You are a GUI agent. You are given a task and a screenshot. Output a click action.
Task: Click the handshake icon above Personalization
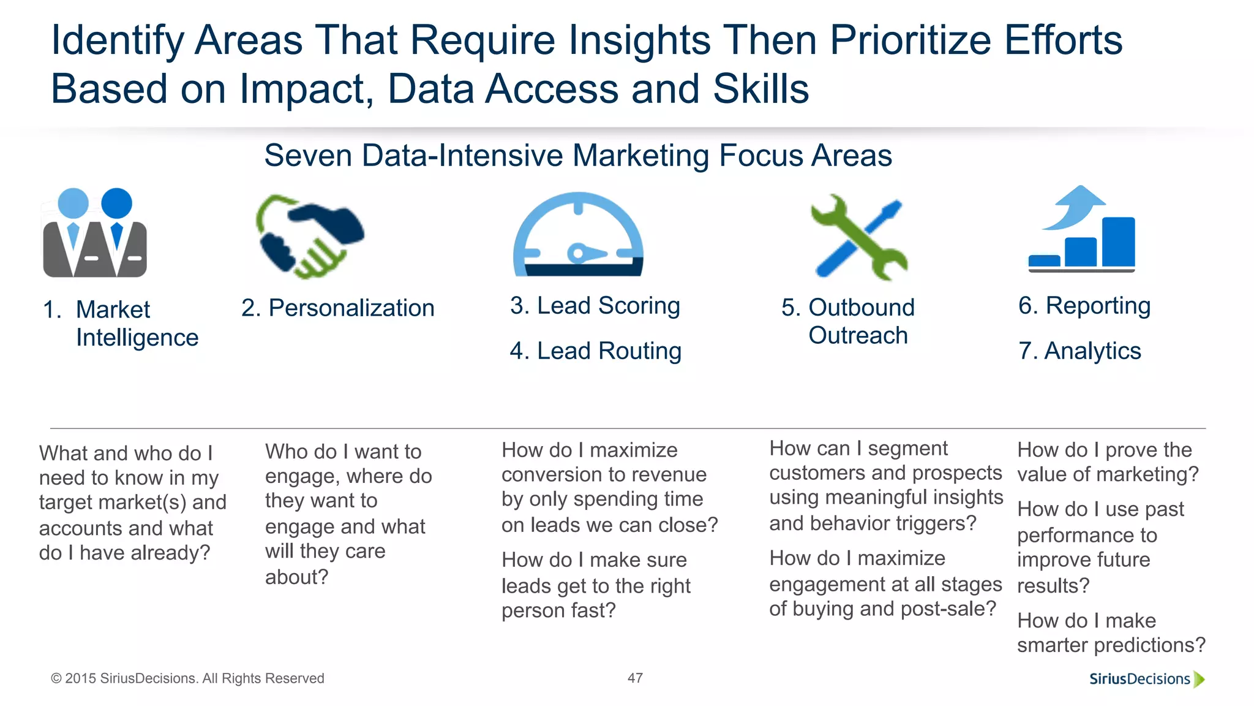310,236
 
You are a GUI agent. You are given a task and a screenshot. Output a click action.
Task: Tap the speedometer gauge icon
578,236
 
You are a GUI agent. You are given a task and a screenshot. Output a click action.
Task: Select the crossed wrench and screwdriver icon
858,237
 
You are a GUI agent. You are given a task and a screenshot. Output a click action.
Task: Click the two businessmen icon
95,233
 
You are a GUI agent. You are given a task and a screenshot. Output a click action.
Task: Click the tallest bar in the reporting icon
1118,242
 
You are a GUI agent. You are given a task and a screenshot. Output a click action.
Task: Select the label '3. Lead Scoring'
595,305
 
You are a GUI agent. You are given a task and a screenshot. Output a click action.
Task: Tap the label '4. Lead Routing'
595,351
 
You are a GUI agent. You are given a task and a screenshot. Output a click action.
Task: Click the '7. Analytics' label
1079,351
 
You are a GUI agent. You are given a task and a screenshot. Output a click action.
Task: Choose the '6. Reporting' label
1084,305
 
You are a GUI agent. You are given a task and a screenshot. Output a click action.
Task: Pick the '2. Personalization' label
338,308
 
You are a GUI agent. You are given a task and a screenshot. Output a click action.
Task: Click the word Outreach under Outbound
858,335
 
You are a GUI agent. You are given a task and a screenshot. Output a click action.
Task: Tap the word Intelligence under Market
137,338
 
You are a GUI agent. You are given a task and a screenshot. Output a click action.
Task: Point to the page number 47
635,678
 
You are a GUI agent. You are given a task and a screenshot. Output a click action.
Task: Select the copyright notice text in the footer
187,678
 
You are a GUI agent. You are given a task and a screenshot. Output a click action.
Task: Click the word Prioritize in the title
910,40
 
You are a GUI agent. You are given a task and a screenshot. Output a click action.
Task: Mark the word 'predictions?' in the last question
1149,645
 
